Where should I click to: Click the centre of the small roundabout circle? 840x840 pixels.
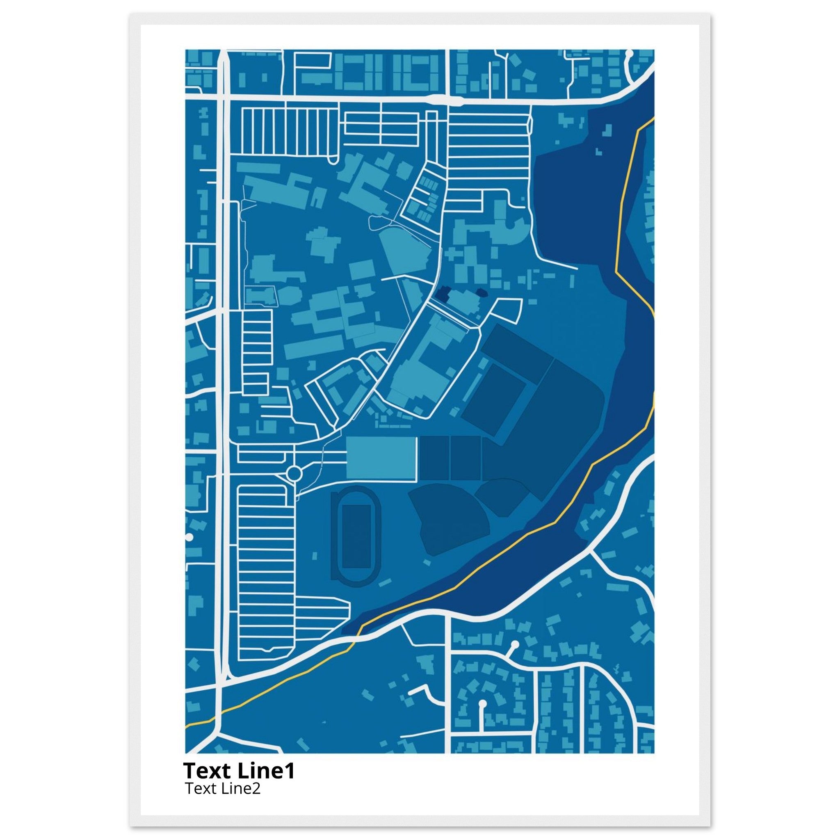(294, 472)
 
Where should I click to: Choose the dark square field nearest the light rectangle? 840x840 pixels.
(434, 458)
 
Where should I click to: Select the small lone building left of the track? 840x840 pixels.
(314, 555)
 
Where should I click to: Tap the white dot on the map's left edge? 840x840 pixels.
(189, 537)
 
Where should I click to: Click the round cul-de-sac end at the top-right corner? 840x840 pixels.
(629, 54)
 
